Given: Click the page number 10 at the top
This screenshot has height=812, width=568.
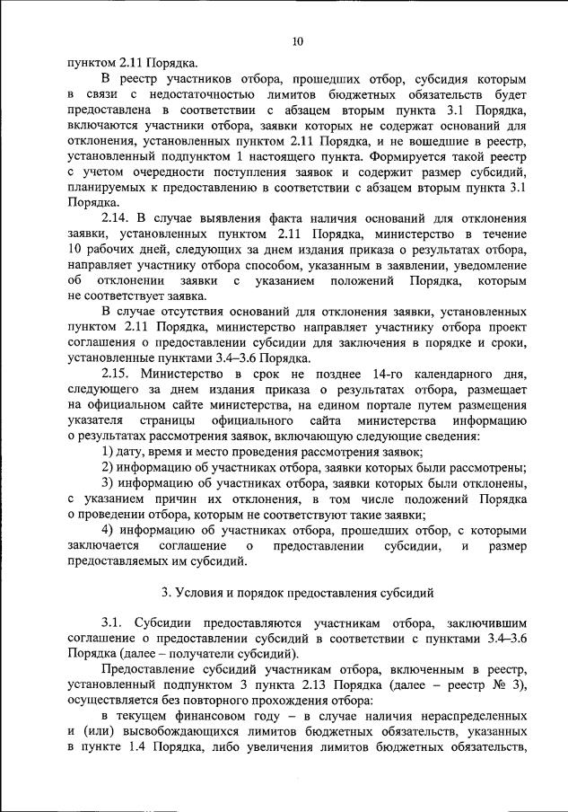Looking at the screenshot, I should click(298, 40).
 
